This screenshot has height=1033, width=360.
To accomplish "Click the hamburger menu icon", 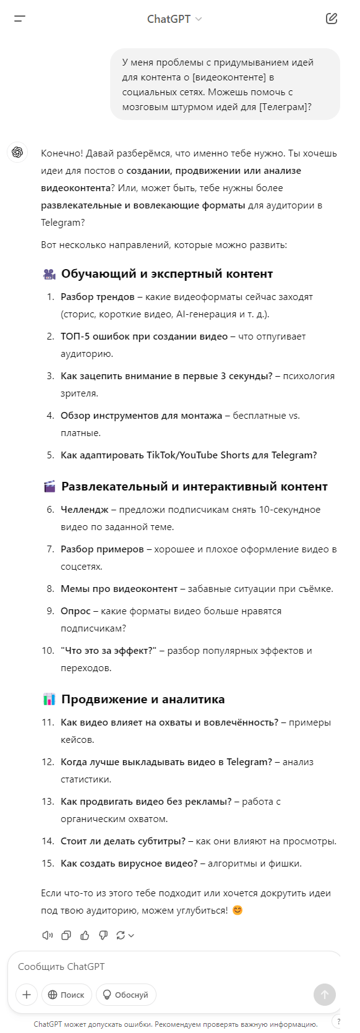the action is pyautogui.click(x=20, y=19).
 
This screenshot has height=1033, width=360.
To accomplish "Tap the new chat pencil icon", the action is pyautogui.click(x=332, y=19).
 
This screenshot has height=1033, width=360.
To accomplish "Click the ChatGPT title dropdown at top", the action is pyautogui.click(x=174, y=19).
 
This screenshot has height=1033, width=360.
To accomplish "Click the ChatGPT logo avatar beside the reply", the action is pyautogui.click(x=17, y=152).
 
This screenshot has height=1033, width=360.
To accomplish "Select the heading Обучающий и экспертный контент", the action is pyautogui.click(x=167, y=273).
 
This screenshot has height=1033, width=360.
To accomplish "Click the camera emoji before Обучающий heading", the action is pyautogui.click(x=49, y=274).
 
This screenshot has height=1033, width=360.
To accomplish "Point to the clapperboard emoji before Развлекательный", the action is pyautogui.click(x=49, y=487).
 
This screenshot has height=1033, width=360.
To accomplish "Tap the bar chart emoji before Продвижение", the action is pyautogui.click(x=49, y=700).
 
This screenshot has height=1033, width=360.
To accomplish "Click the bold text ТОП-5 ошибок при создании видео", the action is pyautogui.click(x=144, y=336).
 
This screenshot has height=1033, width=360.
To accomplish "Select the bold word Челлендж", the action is pyautogui.click(x=84, y=510).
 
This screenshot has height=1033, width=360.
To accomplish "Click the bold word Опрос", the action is pyautogui.click(x=75, y=611).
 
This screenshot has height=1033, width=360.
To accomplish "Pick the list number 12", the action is pyautogui.click(x=48, y=762).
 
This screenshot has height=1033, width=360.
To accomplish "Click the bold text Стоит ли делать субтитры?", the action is pyautogui.click(x=123, y=841).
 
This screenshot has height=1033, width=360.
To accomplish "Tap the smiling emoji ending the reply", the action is pyautogui.click(x=237, y=911).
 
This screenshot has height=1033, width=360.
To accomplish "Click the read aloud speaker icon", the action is pyautogui.click(x=48, y=935).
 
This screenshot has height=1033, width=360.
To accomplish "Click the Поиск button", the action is pyautogui.click(x=67, y=995).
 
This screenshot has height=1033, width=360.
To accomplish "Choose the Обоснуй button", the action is pyautogui.click(x=126, y=995).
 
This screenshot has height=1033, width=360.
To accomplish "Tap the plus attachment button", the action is pyautogui.click(x=26, y=995).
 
